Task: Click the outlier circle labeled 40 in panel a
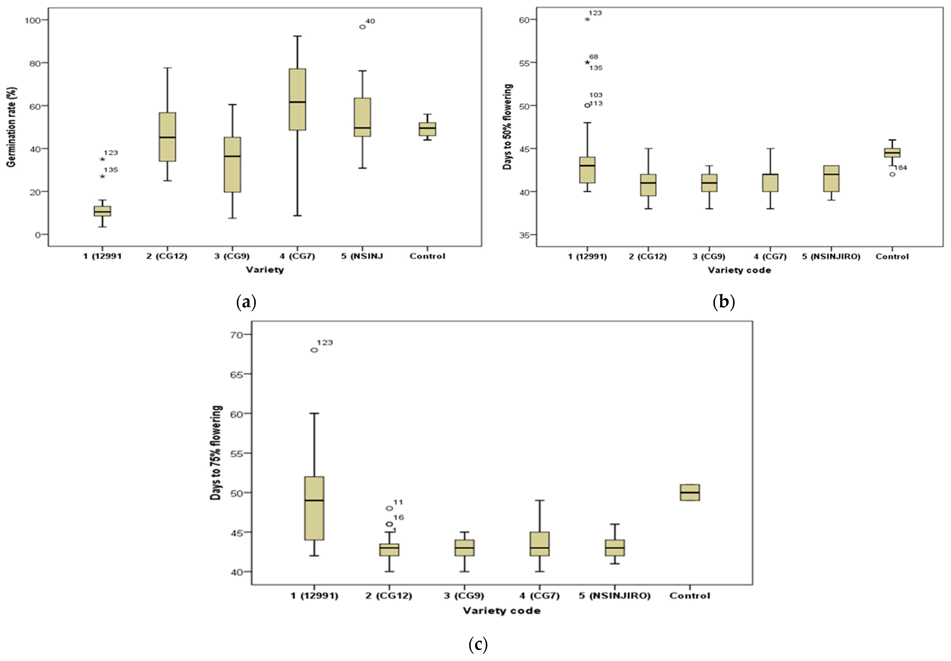pos(362,27)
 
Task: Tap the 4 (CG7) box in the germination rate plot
pos(297,99)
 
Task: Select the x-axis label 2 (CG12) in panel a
pos(167,256)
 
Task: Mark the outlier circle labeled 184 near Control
pos(892,174)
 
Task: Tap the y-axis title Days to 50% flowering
pos(507,127)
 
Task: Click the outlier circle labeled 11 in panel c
pos(389,508)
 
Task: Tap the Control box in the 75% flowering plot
pos(690,493)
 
